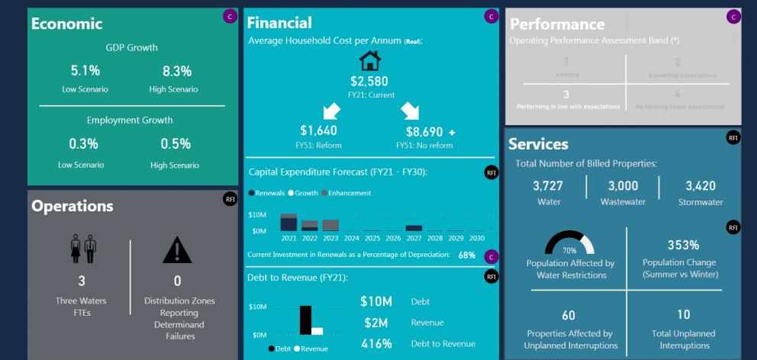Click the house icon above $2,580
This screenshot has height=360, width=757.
pos(369,60)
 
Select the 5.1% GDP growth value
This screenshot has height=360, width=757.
pos(85,71)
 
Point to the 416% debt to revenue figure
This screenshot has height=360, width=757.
pos(376,344)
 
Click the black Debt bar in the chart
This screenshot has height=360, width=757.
pos(306,320)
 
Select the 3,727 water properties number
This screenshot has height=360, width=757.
pos(548,187)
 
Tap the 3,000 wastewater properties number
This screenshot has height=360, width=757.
pos(623,187)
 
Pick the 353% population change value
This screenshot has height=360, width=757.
pos(683,245)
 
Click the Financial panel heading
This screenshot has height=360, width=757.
pos(279,23)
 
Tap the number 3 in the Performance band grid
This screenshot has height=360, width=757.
pos(565,93)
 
